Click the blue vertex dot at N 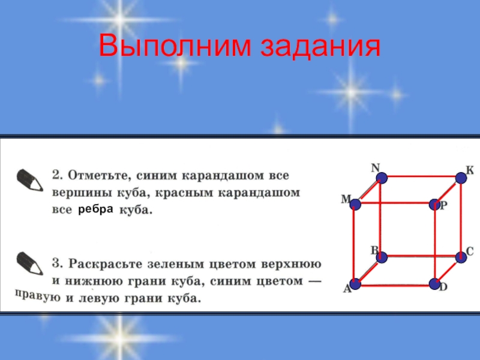point(380,178)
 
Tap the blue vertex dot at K point(461,178)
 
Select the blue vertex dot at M point(356,205)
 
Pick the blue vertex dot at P point(434,205)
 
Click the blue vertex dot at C point(461,257)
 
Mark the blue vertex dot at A point(356,283)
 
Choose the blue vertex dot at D point(434,283)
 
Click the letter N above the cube point(376,167)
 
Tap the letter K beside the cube point(470,170)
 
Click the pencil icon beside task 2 point(28,179)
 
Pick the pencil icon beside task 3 point(28,263)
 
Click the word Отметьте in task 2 point(98,176)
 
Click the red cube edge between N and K point(421,178)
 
